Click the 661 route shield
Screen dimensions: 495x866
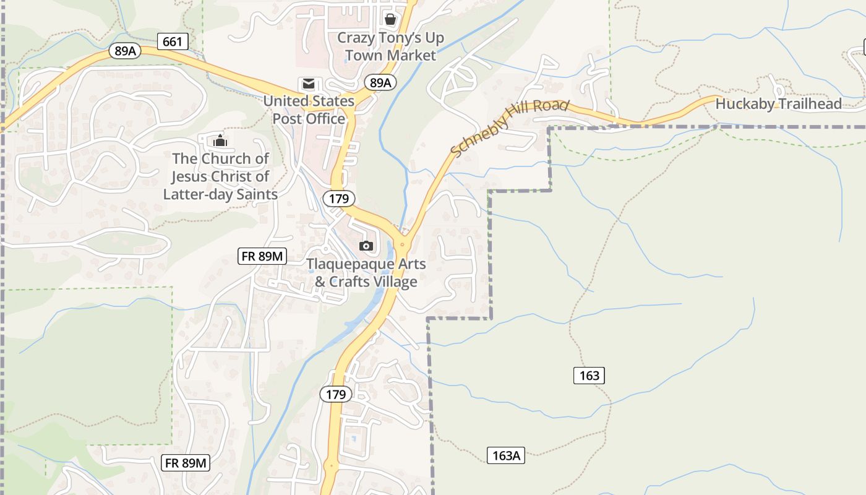[x=173, y=41]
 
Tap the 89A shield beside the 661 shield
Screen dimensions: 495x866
[x=125, y=51]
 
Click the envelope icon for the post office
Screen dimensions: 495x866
[x=308, y=84]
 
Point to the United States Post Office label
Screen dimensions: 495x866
[x=309, y=110]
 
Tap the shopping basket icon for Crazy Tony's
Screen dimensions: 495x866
[x=390, y=19]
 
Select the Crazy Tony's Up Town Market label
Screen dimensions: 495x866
[x=390, y=46]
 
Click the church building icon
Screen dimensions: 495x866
[x=220, y=140]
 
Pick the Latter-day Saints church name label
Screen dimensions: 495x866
[x=220, y=176]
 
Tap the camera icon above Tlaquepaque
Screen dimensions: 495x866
[x=366, y=246]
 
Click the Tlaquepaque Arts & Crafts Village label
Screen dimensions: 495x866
[x=366, y=273]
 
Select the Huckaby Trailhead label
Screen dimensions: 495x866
[x=778, y=104]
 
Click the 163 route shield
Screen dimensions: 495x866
[x=589, y=375]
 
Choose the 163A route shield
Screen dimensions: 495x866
[x=506, y=456]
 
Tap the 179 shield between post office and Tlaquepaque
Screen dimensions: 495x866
[x=339, y=199]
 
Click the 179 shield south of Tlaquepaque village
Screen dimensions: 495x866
[x=336, y=394]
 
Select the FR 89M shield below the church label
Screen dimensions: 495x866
[x=262, y=256]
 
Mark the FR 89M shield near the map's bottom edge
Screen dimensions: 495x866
[x=186, y=462]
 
